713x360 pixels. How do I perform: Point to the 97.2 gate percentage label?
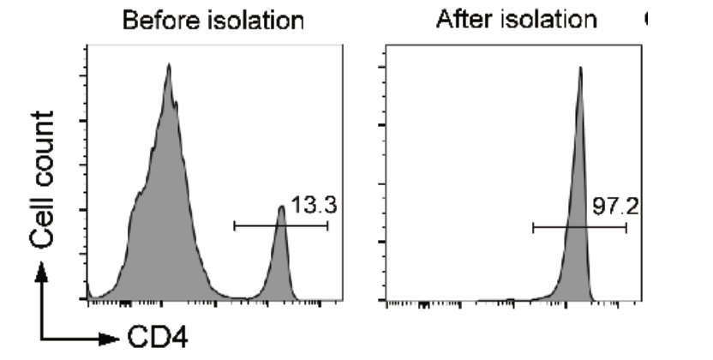pos(615,207)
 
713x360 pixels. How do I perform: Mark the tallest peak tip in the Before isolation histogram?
pos(169,64)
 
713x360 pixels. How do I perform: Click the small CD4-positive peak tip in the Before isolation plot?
pos(280,207)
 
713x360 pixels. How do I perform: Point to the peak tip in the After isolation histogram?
pos(580,68)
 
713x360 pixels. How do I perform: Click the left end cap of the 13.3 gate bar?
pos(234,226)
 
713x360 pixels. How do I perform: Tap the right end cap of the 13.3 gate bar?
pos(327,226)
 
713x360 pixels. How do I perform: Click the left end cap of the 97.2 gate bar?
pos(533,227)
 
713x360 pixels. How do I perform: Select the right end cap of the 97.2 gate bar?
pos(626,227)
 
